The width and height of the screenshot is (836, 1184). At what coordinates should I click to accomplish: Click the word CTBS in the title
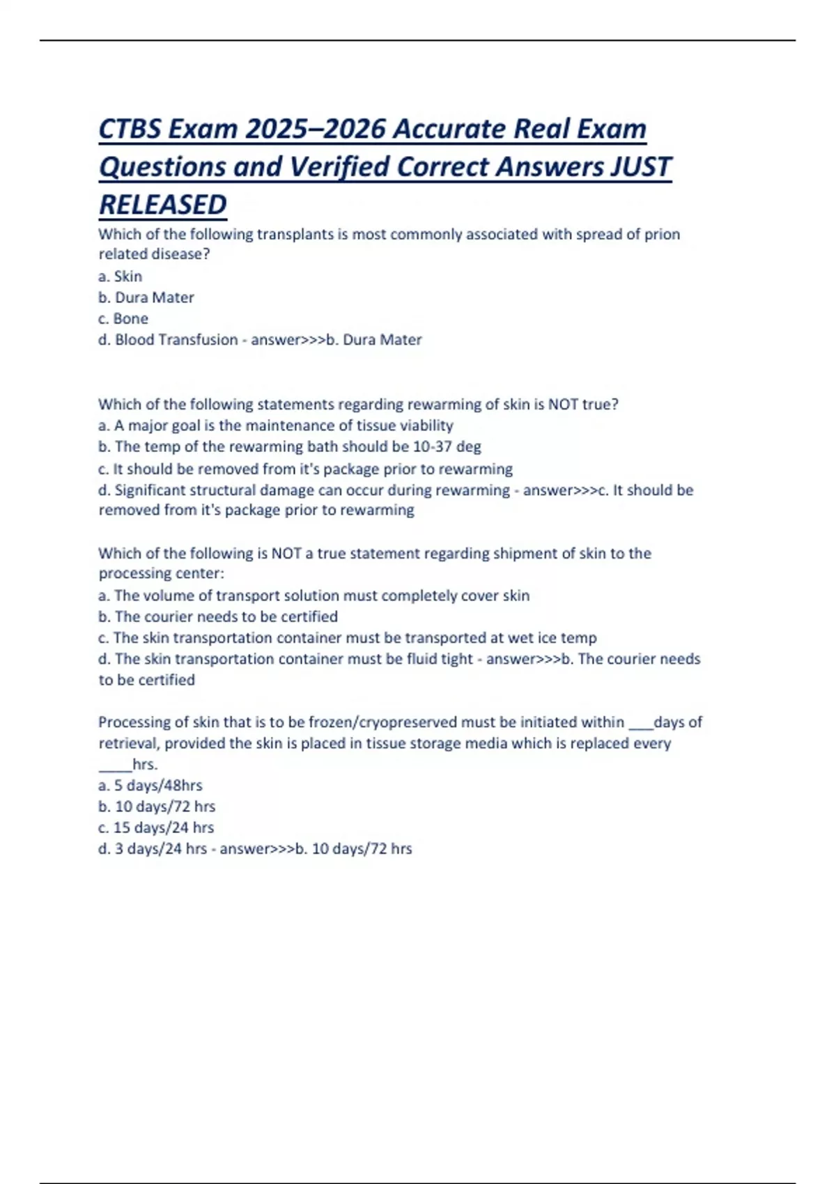[x=130, y=130]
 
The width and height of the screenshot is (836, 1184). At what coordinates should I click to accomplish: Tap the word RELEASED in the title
[x=163, y=205]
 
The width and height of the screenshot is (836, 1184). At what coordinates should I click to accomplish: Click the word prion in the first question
[x=662, y=234]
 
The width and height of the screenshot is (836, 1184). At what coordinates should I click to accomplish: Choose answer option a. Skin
[x=120, y=276]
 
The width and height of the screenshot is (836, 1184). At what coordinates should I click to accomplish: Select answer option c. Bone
[x=123, y=319]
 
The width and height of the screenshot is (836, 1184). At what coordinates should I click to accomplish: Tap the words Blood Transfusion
[x=176, y=340]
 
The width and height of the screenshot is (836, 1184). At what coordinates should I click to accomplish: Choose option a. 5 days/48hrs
[x=150, y=786]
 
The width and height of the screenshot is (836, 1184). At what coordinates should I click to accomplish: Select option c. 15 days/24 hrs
[x=156, y=827]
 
